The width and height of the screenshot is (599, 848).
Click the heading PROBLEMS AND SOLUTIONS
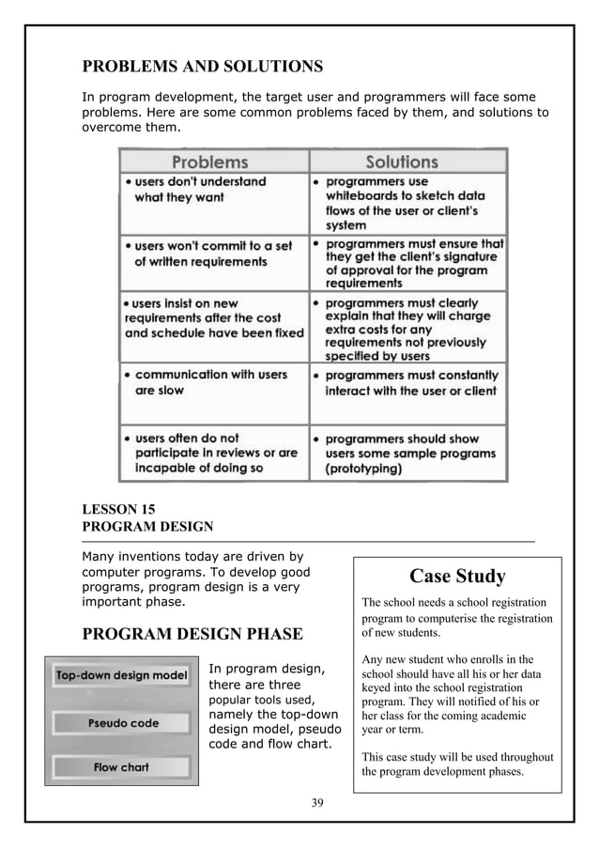pos(203,67)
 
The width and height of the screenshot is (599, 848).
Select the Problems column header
pos(208,162)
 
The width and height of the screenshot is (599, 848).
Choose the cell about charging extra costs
pos(407,330)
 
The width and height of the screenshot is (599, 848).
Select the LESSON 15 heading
pos(119,510)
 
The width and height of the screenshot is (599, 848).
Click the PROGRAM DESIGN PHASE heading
pos(192,634)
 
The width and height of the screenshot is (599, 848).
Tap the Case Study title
pos(457,576)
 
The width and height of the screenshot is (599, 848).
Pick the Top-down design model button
pos(121,676)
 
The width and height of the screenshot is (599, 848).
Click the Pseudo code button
pos(123,723)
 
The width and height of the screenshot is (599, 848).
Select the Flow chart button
pos(121,767)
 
